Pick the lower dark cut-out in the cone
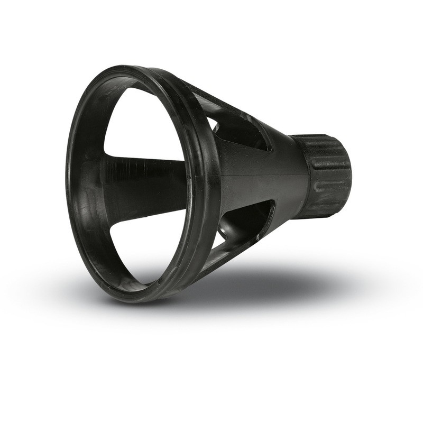246,225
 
